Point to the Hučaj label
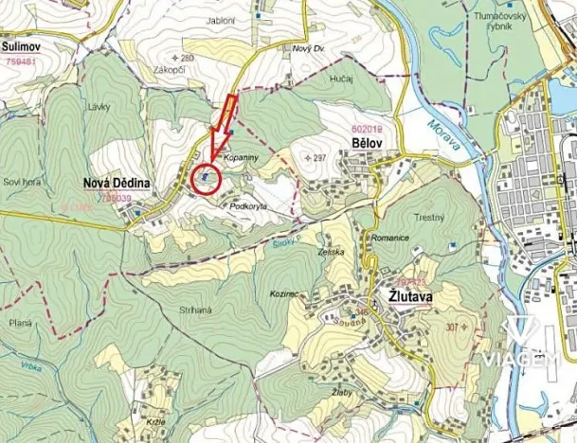coord(342,80)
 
